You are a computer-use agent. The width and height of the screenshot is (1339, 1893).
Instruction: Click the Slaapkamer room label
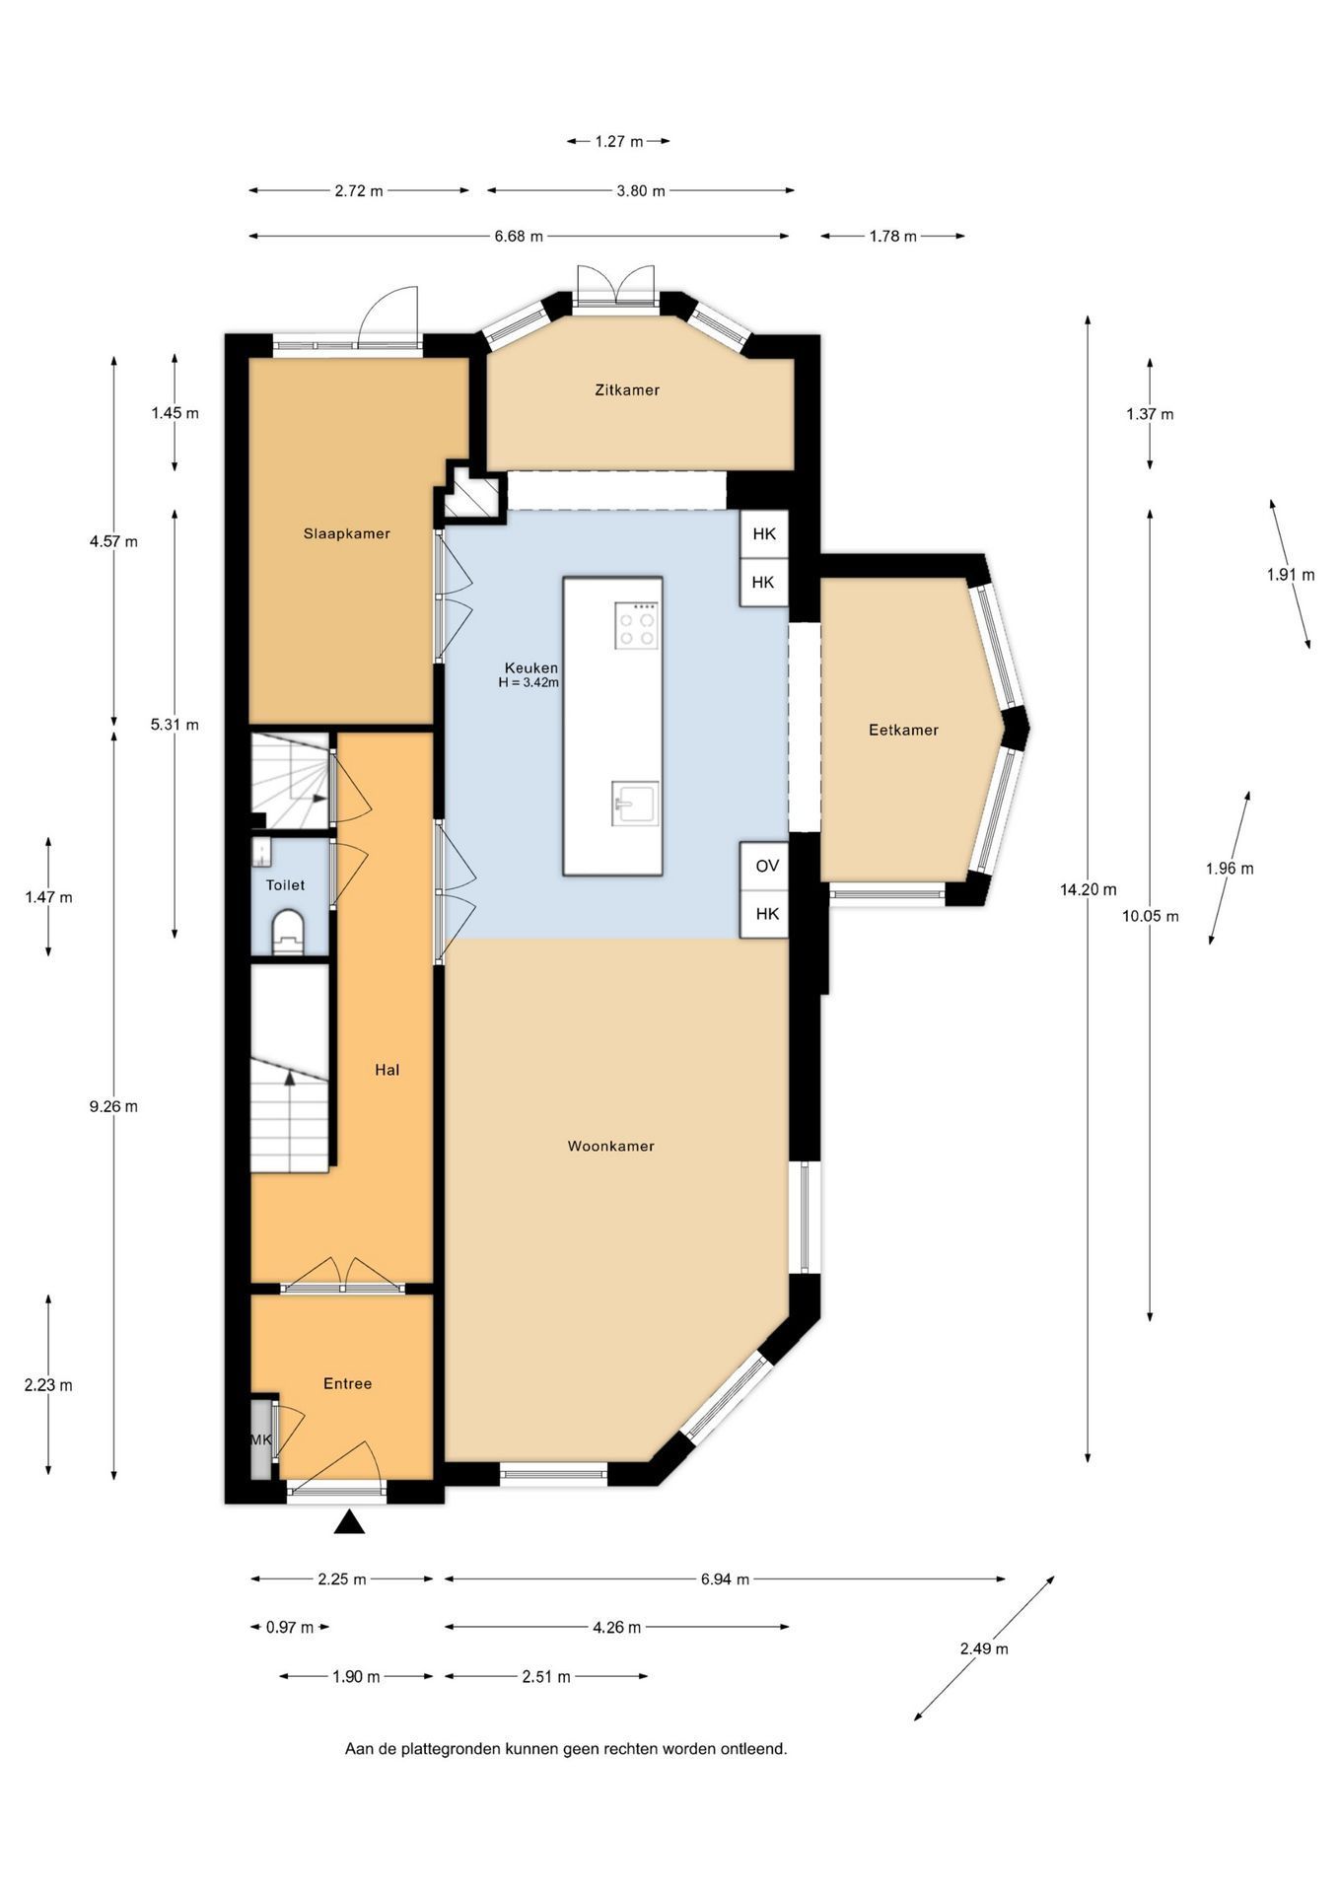pos(346,533)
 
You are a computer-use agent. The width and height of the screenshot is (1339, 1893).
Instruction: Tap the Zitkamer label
pos(627,389)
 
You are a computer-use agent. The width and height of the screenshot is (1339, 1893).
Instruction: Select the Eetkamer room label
pos(903,730)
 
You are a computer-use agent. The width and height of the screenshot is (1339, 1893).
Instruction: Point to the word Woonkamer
pos(611,1146)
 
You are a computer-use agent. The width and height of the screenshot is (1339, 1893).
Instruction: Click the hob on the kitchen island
pos(636,625)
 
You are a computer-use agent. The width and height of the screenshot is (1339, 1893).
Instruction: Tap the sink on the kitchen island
pos(634,802)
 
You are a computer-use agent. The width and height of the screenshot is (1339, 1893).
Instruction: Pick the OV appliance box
pos(765,866)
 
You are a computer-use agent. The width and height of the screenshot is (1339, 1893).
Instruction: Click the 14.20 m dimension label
pos(1089,889)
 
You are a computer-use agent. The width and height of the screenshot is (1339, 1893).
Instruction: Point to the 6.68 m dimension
pos(519,236)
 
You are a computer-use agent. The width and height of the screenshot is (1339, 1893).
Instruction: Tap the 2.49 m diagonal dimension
pos(984,1648)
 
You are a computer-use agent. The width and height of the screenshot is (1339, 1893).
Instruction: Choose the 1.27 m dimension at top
pos(618,141)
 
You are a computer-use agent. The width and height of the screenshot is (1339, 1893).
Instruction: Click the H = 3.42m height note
pos(529,681)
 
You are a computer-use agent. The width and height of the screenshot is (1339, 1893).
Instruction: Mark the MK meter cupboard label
pos(260,1439)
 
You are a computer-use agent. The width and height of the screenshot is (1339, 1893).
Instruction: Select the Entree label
pos(348,1383)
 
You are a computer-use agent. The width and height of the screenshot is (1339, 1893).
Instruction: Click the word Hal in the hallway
pos(388,1069)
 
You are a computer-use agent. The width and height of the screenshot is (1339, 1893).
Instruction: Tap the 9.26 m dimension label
pos(113,1106)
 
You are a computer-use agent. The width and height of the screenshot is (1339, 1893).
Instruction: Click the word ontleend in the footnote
pos(756,1749)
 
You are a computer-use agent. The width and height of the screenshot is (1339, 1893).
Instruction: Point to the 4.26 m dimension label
pos(617,1627)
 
